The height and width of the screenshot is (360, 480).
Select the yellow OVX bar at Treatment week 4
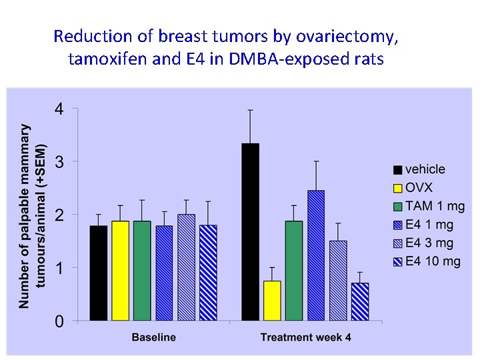[272, 301]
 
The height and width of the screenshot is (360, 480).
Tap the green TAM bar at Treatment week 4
[294, 271]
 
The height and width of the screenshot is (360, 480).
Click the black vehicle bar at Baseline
[98, 273]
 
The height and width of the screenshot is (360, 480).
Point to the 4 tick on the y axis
[59, 109]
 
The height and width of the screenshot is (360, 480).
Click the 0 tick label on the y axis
[59, 322]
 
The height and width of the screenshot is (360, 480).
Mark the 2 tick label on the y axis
[59, 215]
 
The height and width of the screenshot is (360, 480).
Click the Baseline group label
[153, 337]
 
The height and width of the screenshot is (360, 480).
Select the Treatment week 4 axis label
[305, 337]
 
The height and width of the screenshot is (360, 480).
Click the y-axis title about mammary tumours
[33, 215]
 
